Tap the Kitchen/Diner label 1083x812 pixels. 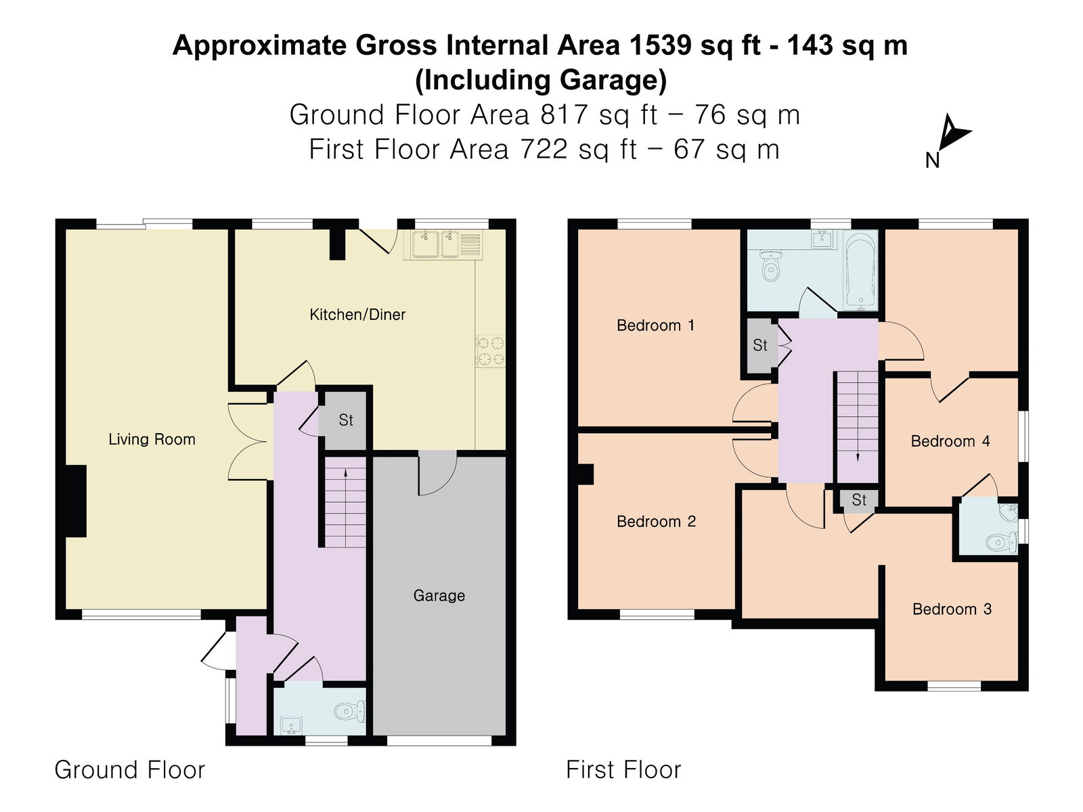[357, 315]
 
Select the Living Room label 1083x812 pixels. [152, 440]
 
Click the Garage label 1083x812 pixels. [439, 596]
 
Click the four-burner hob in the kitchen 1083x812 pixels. [491, 351]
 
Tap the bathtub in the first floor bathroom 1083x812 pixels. [860, 270]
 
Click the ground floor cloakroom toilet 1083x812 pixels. [350, 711]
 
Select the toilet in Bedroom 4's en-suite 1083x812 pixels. [1001, 541]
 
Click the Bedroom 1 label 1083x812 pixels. [655, 325]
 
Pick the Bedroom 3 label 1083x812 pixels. [952, 609]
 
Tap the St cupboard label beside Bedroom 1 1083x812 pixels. [760, 346]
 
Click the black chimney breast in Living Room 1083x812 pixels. [76, 501]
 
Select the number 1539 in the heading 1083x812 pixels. [661, 45]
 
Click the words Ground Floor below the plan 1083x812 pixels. [129, 770]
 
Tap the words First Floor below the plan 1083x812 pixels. [623, 770]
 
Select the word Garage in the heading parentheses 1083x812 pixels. [612, 80]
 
